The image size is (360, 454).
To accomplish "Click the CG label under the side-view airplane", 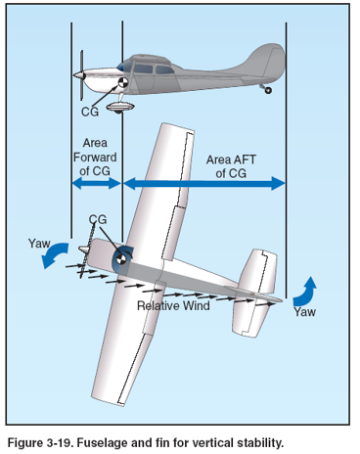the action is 90,112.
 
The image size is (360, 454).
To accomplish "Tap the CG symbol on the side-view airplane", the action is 123,83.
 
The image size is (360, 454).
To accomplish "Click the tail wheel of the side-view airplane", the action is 268,90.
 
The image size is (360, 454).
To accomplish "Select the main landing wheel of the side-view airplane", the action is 120,108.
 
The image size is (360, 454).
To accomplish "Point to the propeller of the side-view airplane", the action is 81,75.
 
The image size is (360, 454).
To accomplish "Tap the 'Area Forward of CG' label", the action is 95,158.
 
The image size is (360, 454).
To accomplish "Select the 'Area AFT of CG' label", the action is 231,166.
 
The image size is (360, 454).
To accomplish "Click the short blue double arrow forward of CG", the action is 97,183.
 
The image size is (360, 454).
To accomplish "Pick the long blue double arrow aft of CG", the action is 204,183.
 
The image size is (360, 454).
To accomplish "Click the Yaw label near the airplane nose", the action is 39,244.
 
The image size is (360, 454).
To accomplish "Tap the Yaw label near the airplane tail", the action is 305,312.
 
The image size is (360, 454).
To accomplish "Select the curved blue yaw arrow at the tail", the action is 305,293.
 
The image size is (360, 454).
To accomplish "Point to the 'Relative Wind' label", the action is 173,305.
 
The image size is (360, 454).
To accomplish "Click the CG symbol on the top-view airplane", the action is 120,259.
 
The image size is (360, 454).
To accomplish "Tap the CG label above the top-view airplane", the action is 98,219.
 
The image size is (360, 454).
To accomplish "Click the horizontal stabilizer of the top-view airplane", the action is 255,294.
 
